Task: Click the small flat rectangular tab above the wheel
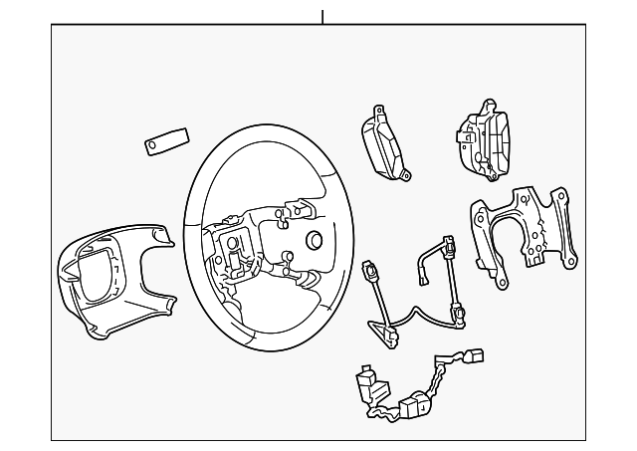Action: coord(163,141)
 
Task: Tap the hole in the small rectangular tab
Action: coord(153,146)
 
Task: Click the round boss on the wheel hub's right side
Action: coord(315,241)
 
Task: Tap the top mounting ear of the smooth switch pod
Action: coord(378,112)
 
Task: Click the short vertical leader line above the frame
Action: coord(322,16)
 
